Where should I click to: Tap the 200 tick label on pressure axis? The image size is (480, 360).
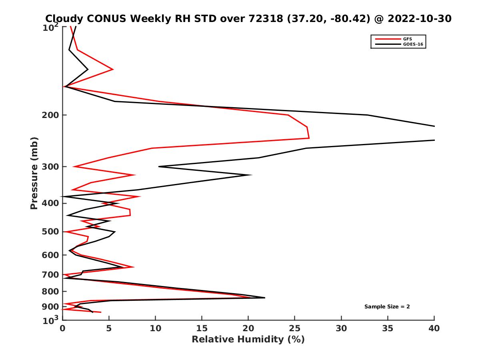[49, 115]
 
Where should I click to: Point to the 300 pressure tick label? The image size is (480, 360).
[49, 167]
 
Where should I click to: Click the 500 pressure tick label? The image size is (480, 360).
[49, 232]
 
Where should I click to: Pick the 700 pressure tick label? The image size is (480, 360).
[49, 275]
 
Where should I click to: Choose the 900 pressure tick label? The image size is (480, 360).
[49, 307]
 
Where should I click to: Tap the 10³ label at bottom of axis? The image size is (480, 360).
[50, 320]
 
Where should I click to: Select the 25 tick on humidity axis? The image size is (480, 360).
[295, 329]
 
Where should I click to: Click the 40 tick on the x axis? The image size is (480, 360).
[434, 329]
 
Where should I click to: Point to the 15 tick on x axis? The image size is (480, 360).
[202, 329]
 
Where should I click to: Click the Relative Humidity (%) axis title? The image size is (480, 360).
[248, 340]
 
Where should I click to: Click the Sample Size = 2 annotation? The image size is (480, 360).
[387, 307]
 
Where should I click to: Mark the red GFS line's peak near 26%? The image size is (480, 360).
[309, 138]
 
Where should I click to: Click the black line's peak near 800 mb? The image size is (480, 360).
[264, 298]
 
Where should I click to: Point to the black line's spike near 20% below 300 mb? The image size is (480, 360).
[251, 175]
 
